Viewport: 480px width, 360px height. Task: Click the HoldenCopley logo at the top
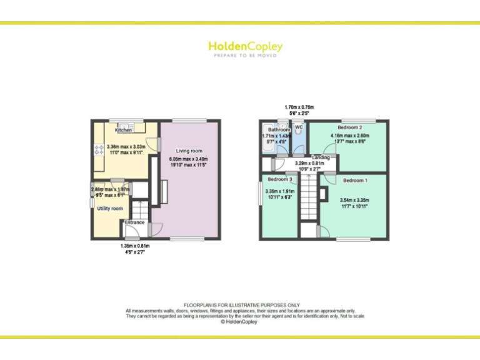(245, 46)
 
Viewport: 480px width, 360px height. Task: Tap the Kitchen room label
(124, 130)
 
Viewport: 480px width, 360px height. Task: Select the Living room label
(188, 151)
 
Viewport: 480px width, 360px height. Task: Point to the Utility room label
(110, 208)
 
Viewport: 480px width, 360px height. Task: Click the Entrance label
(134, 222)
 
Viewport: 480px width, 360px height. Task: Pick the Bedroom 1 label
(354, 181)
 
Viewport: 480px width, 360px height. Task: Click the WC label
(299, 127)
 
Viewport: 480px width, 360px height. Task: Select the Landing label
(321, 157)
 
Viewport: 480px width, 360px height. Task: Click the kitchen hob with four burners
(99, 149)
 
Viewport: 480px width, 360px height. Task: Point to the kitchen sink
(124, 124)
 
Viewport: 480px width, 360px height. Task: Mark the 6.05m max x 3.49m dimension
(188, 159)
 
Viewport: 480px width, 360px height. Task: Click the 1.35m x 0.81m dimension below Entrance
(135, 246)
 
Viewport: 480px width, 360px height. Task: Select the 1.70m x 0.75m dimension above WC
(299, 107)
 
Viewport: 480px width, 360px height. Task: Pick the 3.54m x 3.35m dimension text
(353, 200)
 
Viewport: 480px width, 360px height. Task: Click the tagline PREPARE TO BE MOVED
(245, 56)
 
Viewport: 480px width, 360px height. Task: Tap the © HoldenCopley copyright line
(240, 322)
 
